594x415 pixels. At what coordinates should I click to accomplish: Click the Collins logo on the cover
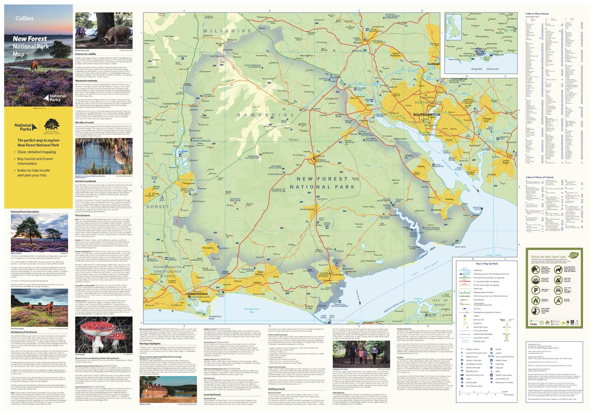point(24,18)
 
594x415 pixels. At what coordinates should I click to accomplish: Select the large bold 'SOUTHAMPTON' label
point(426,114)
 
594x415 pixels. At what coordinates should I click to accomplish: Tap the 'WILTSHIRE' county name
point(226,31)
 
